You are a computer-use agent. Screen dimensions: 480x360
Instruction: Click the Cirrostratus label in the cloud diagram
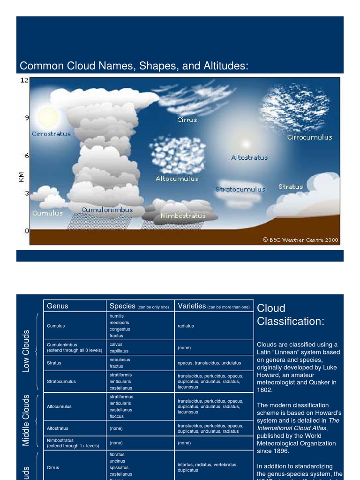click(x=51, y=134)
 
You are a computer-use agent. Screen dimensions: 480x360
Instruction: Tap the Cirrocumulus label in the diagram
click(x=309, y=137)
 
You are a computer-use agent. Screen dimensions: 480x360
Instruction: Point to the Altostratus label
click(x=249, y=157)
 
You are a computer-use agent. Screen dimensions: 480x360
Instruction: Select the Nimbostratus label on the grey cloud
click(x=183, y=216)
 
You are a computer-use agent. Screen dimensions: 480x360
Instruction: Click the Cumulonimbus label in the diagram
click(x=107, y=210)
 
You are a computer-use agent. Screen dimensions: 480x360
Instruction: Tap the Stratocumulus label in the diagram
click(x=240, y=189)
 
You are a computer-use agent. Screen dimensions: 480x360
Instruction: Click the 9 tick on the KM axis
click(x=27, y=118)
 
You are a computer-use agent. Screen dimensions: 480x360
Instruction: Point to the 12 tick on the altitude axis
click(x=24, y=80)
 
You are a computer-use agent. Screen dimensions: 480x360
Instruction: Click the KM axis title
click(x=21, y=176)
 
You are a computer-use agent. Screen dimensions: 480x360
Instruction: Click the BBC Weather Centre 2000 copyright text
click(x=300, y=240)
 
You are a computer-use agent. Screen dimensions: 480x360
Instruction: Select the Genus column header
click(x=58, y=306)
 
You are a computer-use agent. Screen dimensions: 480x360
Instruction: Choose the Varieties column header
click(x=192, y=306)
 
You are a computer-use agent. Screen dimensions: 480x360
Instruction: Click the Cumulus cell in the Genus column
click(x=56, y=326)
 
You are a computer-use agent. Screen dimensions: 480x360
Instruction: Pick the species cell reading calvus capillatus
click(x=119, y=347)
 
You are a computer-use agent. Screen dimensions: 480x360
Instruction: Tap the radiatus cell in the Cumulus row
click(x=186, y=326)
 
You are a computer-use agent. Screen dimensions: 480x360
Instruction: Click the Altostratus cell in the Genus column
click(x=58, y=428)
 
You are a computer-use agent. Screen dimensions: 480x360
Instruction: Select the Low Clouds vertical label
click(x=26, y=351)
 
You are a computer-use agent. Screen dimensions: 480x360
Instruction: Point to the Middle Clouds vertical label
click(x=26, y=420)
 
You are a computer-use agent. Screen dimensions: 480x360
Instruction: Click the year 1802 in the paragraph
click(x=264, y=390)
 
